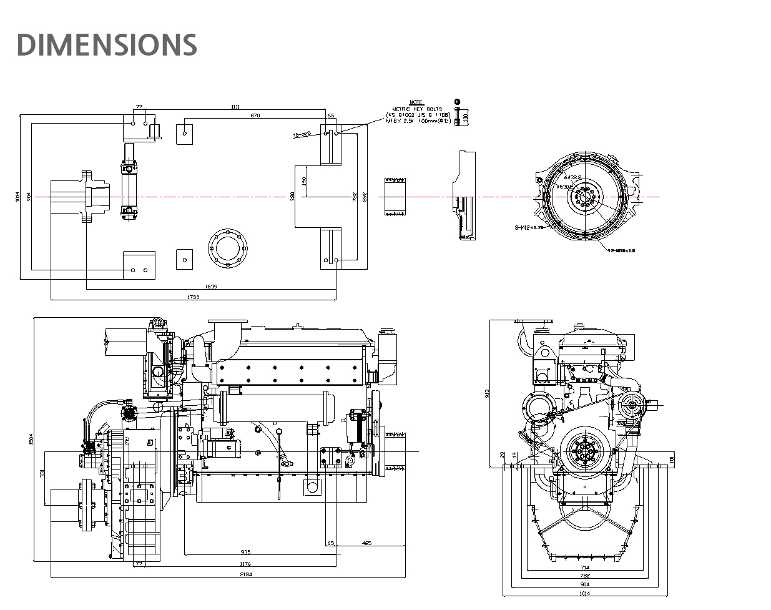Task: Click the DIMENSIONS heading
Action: point(107,45)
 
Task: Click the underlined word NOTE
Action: point(416,102)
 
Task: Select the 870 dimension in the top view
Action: point(255,116)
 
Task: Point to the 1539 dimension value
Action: point(211,287)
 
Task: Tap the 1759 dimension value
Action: point(193,297)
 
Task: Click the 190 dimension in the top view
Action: point(304,181)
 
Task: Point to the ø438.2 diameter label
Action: point(573,178)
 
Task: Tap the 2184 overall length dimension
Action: point(245,574)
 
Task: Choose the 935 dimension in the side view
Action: point(245,553)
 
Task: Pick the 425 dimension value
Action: point(366,543)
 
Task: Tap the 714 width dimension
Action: point(584,568)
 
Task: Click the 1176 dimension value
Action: point(245,564)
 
